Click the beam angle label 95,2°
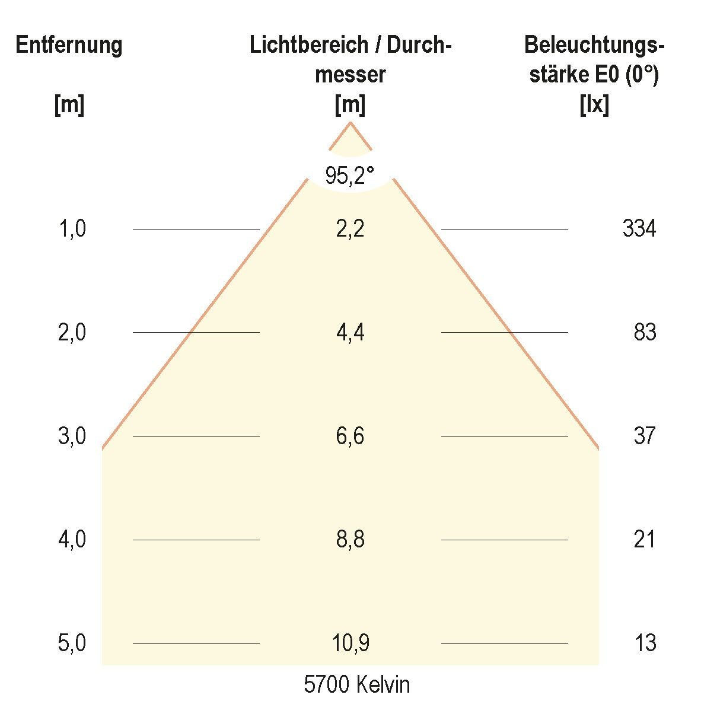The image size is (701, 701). point(350,176)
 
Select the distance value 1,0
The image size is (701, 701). point(72,228)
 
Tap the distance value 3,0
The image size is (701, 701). point(72,436)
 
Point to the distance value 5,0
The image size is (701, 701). point(72,643)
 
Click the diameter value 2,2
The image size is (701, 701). point(350,228)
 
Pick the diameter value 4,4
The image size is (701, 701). point(350,332)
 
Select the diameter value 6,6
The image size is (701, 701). point(350,436)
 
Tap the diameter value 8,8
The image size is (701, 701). point(350,540)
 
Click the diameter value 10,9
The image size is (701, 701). point(350,643)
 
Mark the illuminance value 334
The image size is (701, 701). point(639,228)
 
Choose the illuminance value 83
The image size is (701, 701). point(645,332)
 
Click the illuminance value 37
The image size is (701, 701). point(645,436)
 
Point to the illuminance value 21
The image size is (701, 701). point(645,540)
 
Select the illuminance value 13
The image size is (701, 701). point(645,643)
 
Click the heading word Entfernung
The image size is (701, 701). point(69,46)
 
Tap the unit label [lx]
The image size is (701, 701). point(594,106)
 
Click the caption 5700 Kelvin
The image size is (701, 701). point(356,685)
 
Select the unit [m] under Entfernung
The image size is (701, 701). point(69,106)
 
